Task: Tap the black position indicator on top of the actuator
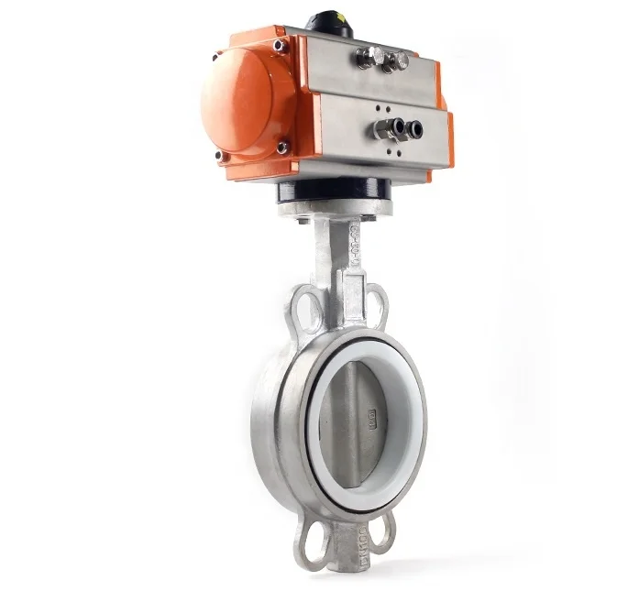click(334, 20)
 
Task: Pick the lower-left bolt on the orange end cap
click(221, 156)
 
